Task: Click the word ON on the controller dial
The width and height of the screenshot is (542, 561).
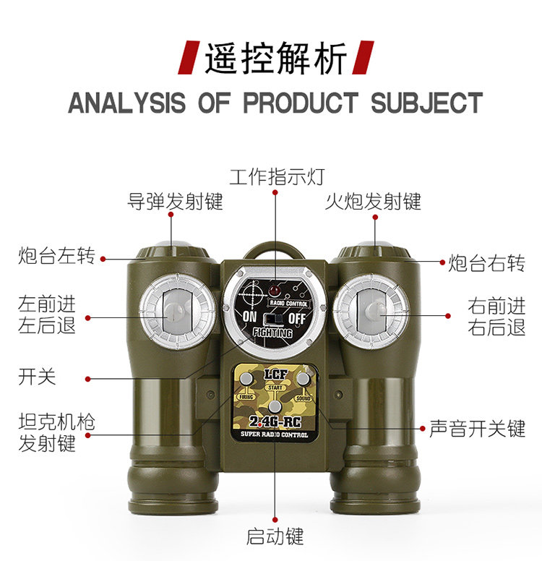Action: pos(250,317)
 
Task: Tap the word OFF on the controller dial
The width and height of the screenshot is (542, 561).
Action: pos(297,317)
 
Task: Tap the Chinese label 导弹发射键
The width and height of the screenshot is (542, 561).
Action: pos(176,201)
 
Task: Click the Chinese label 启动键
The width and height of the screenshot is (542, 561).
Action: pos(275,536)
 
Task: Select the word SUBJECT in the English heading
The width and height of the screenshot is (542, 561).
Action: pos(426,103)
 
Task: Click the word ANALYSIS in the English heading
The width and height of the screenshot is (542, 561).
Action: pos(126,103)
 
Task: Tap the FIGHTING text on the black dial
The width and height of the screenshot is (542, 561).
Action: pos(272,333)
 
